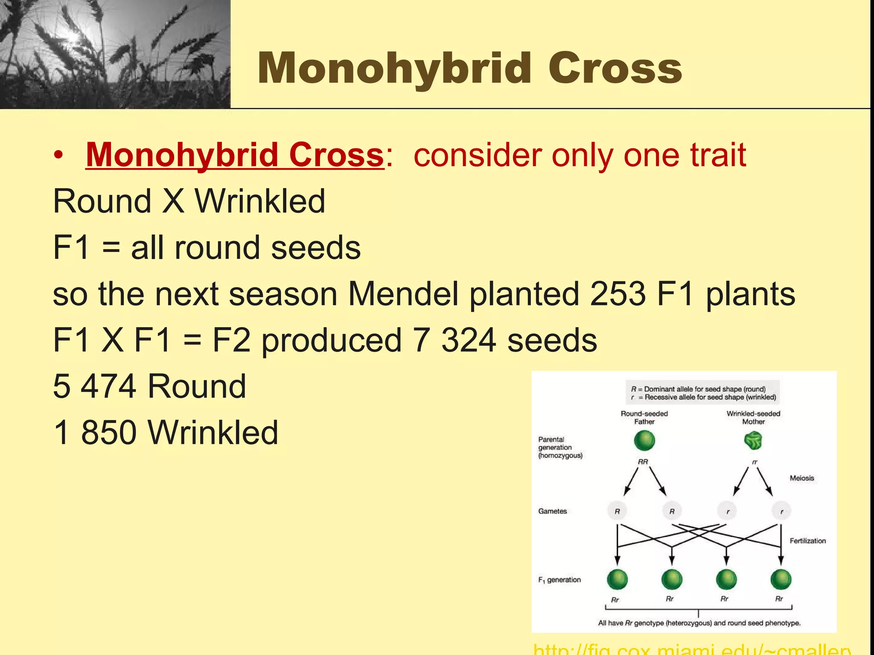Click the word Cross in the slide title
point(615,68)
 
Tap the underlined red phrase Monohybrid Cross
point(235,155)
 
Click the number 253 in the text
point(618,294)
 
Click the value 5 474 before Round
point(95,386)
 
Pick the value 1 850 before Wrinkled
point(95,432)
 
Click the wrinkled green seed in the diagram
point(753,441)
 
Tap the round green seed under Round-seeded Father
point(644,441)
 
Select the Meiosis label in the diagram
point(801,478)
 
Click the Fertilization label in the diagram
point(807,541)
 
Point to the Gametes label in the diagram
point(552,511)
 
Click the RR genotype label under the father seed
point(643,462)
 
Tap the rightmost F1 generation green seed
point(781,580)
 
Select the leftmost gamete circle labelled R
point(617,511)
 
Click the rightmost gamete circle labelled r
point(781,511)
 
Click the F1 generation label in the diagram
point(559,580)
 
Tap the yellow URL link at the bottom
point(691,649)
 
